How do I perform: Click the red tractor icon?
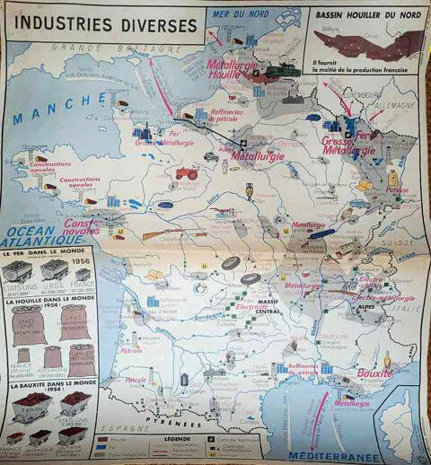click(187, 172)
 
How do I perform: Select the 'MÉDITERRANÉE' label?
click(331, 456)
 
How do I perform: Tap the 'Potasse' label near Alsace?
click(397, 190)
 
